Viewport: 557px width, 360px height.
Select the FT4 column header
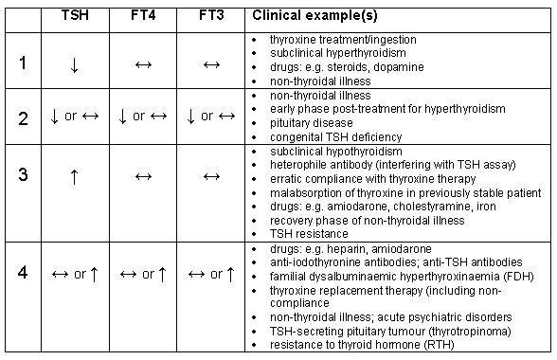146,16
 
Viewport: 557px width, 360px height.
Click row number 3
23,176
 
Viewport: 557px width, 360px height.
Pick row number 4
23,274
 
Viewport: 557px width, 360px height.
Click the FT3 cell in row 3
212,177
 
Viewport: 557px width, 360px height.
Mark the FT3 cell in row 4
212,275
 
